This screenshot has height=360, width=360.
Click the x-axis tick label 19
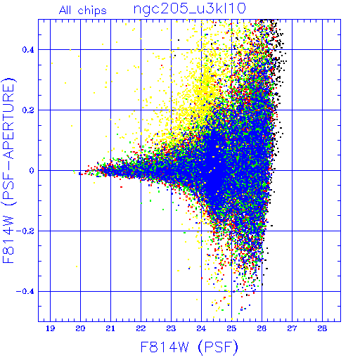(50, 328)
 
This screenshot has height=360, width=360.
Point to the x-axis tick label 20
(80, 328)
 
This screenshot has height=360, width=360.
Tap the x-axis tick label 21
(110, 328)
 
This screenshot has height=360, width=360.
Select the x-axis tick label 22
(141, 328)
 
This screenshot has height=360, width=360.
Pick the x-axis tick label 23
(171, 328)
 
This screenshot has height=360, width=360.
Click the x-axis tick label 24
(201, 328)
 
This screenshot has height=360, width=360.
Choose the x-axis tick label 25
(231, 328)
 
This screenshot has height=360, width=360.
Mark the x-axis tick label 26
(262, 328)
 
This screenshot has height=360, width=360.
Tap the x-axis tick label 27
(292, 328)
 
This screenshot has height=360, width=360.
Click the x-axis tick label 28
(322, 328)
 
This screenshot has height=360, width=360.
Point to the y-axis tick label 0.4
(28, 50)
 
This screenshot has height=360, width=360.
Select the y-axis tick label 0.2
(28, 110)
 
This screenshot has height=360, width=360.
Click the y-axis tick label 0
(32, 171)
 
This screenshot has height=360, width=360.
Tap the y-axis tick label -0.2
(25, 231)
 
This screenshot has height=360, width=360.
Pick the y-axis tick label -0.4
(25, 292)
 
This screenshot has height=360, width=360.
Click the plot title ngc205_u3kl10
(190, 9)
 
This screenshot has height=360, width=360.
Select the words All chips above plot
(83, 11)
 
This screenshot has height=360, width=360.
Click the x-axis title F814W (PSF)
(189, 347)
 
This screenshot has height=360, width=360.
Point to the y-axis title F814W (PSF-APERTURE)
(8, 170)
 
